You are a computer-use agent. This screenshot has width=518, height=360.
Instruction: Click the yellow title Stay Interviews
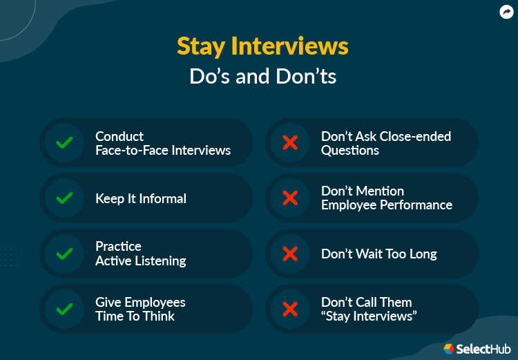click(x=262, y=46)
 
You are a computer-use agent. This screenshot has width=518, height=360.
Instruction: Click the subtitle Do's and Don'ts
click(x=262, y=75)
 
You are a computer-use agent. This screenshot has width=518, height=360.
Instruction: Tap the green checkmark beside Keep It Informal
click(x=64, y=198)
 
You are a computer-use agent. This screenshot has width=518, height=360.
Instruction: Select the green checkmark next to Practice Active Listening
click(x=64, y=254)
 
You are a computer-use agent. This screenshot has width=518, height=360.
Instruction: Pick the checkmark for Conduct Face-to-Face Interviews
click(x=64, y=143)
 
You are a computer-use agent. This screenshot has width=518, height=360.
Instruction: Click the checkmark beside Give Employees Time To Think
click(x=64, y=309)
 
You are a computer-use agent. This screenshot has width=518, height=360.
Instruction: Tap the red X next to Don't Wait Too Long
click(x=290, y=254)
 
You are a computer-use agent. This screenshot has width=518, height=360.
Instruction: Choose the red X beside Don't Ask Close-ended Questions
click(x=290, y=143)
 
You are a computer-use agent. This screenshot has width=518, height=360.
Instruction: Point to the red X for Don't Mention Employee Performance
click(x=290, y=198)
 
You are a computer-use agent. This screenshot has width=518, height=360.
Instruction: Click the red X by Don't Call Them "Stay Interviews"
click(x=290, y=309)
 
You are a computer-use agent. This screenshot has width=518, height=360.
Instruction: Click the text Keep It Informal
click(x=141, y=199)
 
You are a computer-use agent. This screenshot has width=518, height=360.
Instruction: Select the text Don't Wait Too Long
click(x=378, y=254)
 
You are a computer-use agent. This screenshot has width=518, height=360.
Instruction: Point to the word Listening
click(x=160, y=261)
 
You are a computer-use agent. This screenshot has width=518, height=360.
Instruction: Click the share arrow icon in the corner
click(x=506, y=12)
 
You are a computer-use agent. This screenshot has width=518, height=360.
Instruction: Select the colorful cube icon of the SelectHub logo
click(x=449, y=348)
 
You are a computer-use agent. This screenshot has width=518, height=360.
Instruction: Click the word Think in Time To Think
click(x=160, y=316)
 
